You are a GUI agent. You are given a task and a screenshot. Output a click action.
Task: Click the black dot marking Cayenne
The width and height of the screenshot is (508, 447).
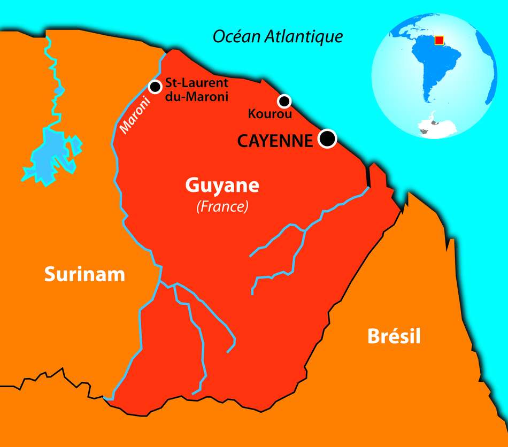coord(327,138)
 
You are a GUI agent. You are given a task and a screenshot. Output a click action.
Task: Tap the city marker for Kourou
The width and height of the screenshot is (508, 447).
coord(284,101)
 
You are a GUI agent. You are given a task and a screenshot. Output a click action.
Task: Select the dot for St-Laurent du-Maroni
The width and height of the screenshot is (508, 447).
coord(155,87)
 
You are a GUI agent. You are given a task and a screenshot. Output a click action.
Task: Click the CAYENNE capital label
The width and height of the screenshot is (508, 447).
coord(274,141)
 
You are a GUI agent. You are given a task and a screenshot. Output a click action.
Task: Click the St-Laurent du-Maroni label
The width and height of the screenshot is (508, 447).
coord(196,90)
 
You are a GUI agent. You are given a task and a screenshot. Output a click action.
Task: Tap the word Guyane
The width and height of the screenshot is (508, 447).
coord(222,186)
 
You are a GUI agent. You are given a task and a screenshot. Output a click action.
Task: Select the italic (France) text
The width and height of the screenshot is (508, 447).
coord(222,207)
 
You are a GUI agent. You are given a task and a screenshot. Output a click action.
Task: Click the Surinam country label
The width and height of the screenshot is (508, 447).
coord(84,274)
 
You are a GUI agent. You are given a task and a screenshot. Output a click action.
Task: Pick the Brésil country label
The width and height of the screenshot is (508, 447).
coord(394,336)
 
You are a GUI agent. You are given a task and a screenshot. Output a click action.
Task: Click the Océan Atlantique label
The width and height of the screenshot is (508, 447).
coord(278,36)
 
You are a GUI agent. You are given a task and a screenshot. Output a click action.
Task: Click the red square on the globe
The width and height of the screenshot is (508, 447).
coord(439,40)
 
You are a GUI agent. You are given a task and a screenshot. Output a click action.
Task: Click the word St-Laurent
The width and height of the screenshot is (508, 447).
coord(196,83)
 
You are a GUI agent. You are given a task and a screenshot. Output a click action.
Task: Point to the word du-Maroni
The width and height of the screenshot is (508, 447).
coord(196,97)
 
